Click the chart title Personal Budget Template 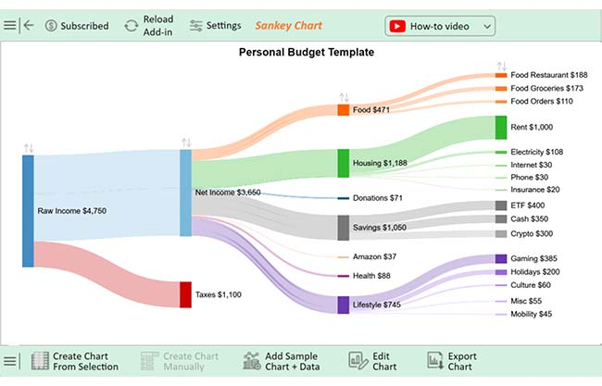(306, 53)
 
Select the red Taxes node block (185, 294)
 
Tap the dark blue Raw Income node (28, 211)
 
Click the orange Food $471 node (343, 110)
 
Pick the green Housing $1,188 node (343, 163)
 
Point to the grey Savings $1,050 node (343, 228)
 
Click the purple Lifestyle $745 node (343, 305)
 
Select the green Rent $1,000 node (501, 127)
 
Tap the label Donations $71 (378, 198)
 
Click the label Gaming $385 (534, 259)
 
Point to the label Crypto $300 (532, 234)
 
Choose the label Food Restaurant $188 (548, 75)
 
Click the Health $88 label (371, 276)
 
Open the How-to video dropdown (440, 26)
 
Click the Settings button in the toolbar (215, 26)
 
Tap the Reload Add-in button (148, 26)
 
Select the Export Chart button (452, 361)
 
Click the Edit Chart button (372, 361)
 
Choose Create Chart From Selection (75, 361)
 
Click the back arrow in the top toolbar (29, 26)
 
